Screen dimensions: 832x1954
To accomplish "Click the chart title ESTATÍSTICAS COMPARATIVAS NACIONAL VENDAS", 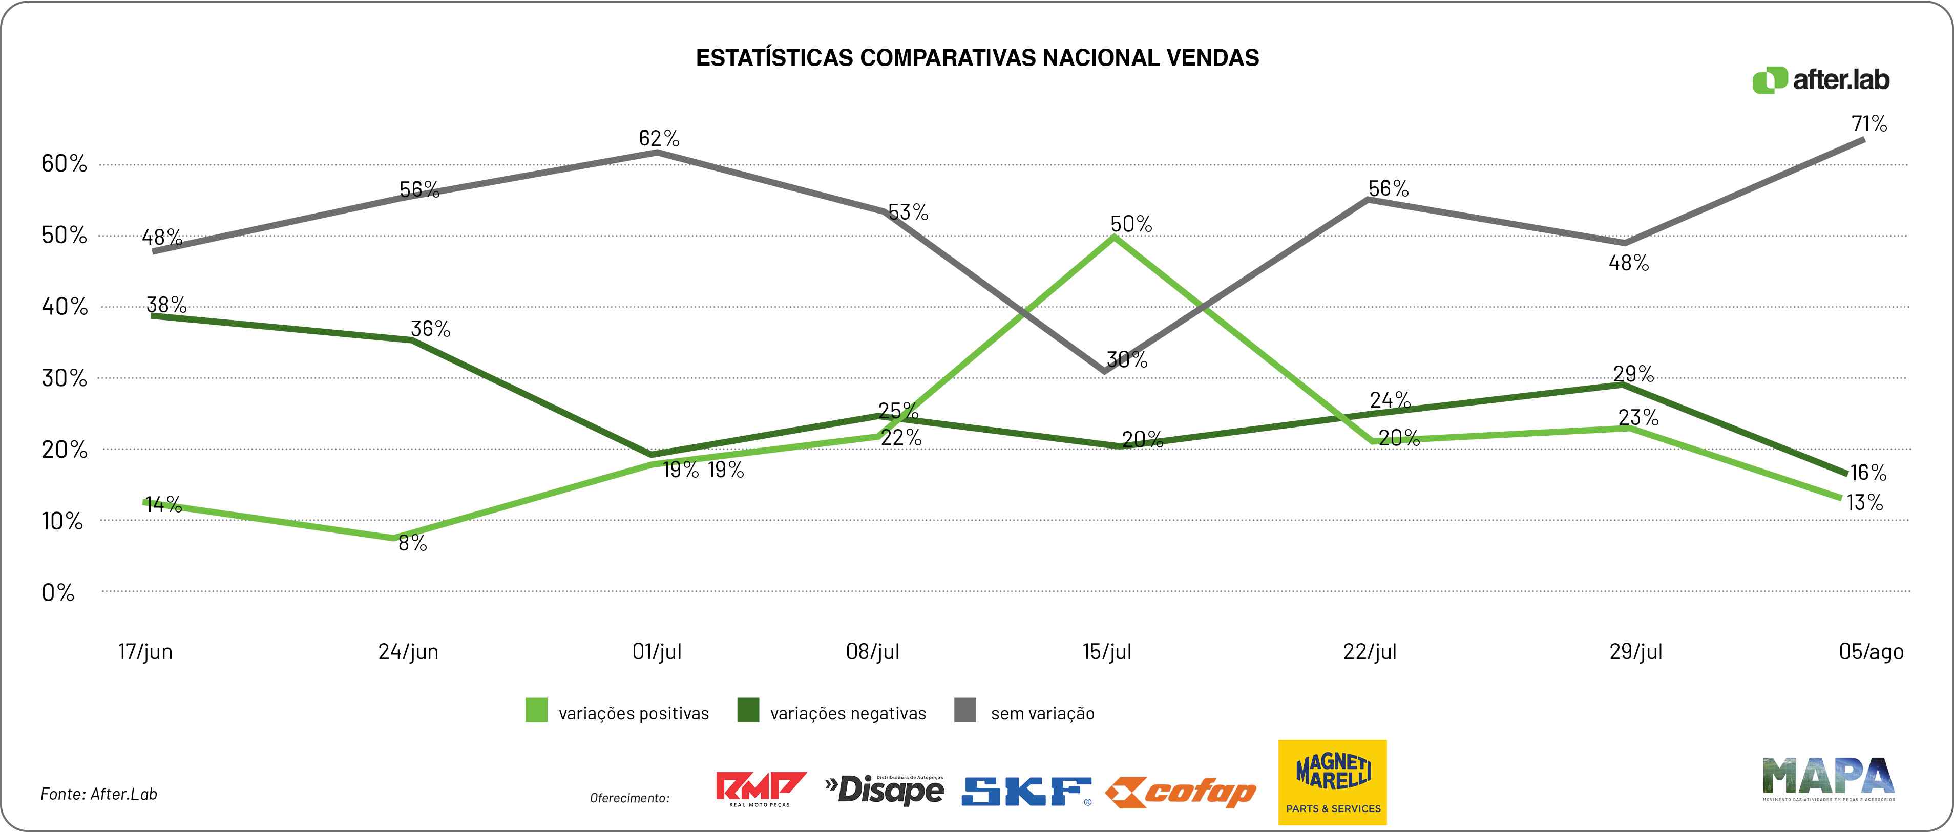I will (977, 58).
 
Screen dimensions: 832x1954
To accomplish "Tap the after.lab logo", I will (1820, 80).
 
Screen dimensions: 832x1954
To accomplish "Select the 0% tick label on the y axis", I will (58, 592).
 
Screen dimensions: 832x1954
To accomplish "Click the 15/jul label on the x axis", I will (1107, 651).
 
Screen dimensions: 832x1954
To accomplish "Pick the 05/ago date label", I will (1872, 651).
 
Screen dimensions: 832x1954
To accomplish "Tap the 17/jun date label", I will (145, 651).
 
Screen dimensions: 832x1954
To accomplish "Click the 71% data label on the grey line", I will (1869, 123).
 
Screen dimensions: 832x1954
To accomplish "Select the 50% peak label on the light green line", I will (1131, 224).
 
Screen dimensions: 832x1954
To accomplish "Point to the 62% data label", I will (659, 138).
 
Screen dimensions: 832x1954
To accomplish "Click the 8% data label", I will (413, 543).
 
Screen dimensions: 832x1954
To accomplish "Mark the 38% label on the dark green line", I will (166, 304).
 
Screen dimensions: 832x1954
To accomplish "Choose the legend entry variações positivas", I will (618, 713).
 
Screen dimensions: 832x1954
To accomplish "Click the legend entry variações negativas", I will (832, 713).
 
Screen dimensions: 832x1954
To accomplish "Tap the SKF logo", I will (1026, 792).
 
